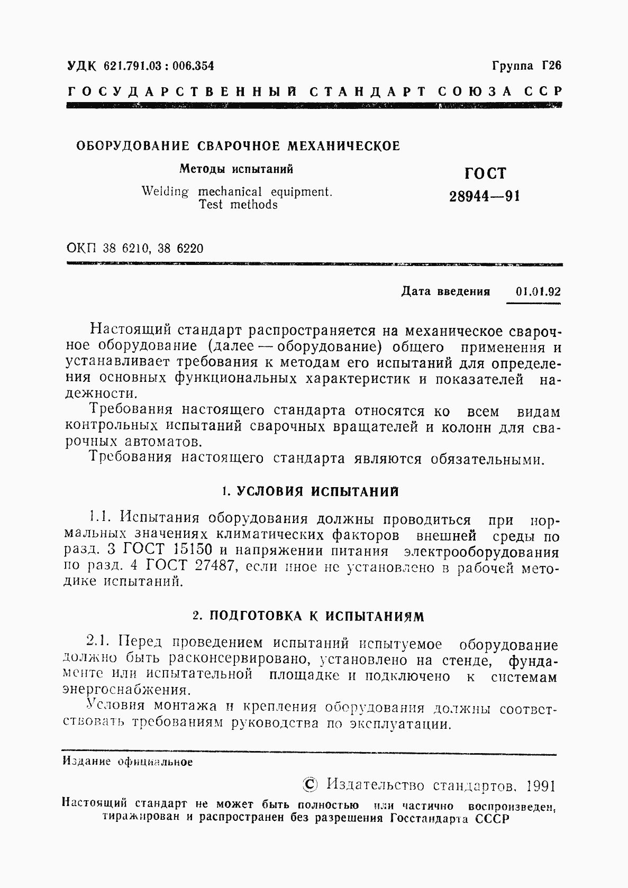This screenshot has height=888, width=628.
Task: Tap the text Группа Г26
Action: (x=526, y=66)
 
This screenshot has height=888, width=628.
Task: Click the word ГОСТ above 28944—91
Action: (x=485, y=173)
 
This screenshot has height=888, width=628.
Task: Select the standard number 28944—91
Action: (x=485, y=197)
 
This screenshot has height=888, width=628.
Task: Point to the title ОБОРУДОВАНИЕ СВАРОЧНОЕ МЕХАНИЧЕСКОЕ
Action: (x=239, y=146)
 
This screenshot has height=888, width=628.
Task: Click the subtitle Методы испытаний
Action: (x=236, y=169)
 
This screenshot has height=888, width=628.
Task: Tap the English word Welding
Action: (x=165, y=191)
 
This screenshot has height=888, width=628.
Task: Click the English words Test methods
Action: (x=238, y=205)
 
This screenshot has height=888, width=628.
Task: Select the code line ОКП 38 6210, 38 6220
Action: (x=135, y=248)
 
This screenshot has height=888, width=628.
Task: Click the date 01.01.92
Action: (x=538, y=292)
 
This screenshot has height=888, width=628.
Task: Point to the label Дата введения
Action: (x=446, y=292)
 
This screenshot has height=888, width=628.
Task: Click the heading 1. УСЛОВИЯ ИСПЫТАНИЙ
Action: (x=310, y=491)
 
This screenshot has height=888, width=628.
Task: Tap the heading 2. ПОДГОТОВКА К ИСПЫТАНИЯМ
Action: (x=308, y=616)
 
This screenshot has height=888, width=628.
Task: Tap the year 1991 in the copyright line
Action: (x=540, y=785)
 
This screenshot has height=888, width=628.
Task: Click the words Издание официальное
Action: (x=128, y=762)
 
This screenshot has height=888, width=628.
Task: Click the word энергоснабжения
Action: (x=125, y=691)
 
